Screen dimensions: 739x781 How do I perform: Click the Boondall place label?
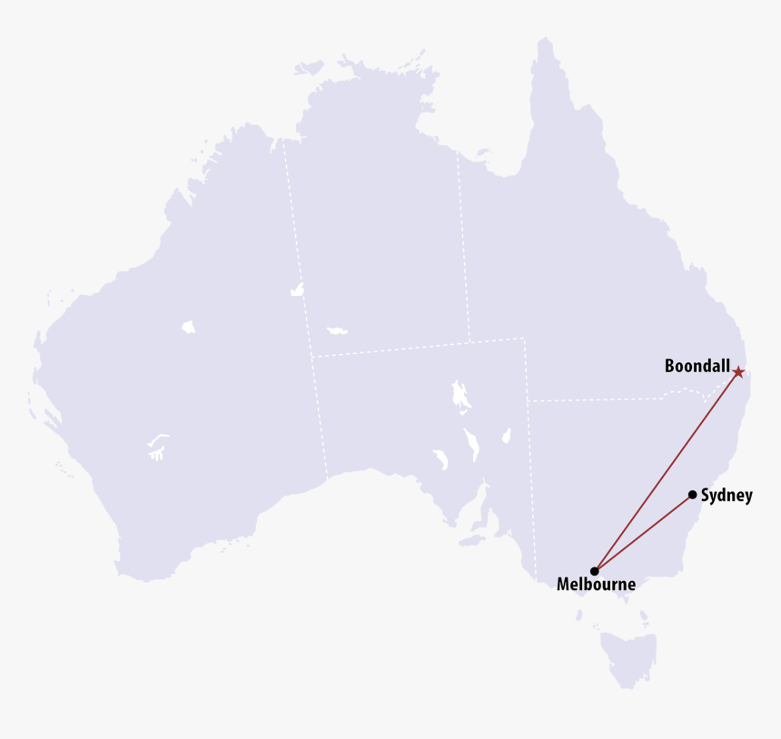[697, 367]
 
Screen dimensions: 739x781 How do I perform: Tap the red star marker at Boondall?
[738, 372]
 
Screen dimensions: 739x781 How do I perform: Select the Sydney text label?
[727, 496]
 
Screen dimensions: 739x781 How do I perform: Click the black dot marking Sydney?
[693, 495]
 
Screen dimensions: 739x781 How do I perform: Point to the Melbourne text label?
[596, 585]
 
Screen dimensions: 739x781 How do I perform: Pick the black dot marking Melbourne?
[594, 571]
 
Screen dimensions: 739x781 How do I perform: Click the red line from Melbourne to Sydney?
[643, 533]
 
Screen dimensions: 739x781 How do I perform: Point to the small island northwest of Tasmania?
[578, 616]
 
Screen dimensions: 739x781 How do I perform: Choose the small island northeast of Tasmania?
[644, 618]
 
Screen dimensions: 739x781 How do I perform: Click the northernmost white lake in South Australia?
[460, 395]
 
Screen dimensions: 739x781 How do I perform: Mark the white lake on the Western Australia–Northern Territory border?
[296, 291]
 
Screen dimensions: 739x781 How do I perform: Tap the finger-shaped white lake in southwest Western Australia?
[157, 445]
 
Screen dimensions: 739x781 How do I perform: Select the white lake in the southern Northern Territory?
[338, 329]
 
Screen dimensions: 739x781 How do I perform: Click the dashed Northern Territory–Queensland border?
[463, 245]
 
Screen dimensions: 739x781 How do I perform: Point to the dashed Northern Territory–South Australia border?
[390, 349]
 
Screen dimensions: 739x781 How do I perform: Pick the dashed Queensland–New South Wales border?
[599, 399]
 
